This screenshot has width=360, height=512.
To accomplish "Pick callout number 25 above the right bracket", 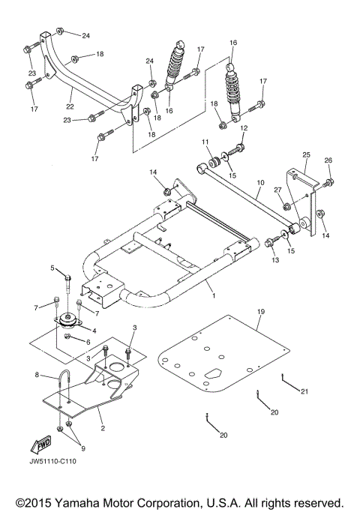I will tap(305, 154).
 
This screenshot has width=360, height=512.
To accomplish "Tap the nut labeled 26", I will tap(330, 181).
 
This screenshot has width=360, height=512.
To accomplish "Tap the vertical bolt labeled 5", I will tap(68, 280).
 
